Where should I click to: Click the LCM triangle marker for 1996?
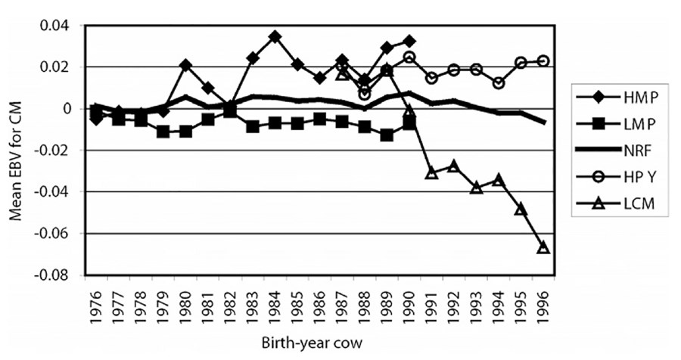pyautogui.click(x=543, y=247)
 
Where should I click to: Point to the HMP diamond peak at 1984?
pyautogui.click(x=275, y=36)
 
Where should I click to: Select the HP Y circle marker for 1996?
pyautogui.click(x=543, y=61)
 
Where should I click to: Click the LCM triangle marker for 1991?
pyautogui.click(x=431, y=173)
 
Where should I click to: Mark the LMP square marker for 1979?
pyautogui.click(x=163, y=132)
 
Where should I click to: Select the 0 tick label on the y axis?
pyautogui.click(x=74, y=109)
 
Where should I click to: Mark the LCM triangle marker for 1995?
pyautogui.click(x=521, y=208)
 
